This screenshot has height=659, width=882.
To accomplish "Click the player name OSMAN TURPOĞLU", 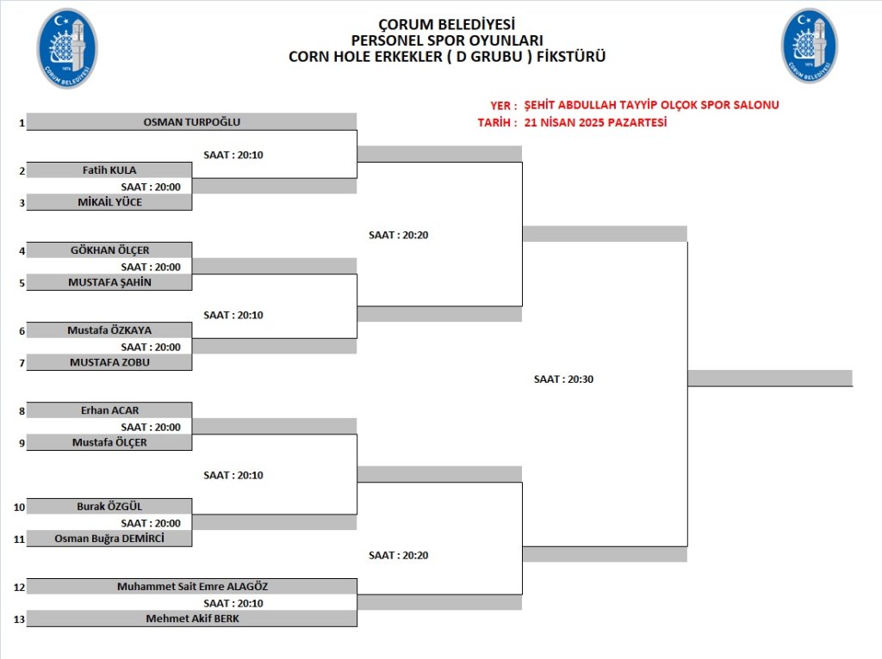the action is click(x=192, y=122).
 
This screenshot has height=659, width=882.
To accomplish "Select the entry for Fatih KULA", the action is click(x=109, y=170).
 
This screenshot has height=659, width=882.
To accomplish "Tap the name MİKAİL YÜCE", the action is click(x=109, y=202).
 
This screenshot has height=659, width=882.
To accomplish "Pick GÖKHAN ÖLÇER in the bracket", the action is click(x=109, y=250).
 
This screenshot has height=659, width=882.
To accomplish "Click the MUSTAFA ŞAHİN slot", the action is click(x=109, y=282).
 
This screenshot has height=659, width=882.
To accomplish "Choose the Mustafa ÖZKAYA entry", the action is click(x=109, y=330).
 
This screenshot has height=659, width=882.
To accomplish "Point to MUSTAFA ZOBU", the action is click(x=109, y=362).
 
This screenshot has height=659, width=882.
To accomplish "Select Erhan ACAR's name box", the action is click(x=109, y=410).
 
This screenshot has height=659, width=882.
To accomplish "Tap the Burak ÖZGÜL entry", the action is click(x=109, y=506).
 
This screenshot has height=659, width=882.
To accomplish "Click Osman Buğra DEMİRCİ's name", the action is click(x=109, y=539).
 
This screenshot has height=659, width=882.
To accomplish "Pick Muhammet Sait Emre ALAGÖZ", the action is click(x=192, y=587).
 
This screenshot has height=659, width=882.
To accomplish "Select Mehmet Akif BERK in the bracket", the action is click(x=192, y=619).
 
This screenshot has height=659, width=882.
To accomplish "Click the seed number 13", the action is click(x=19, y=619).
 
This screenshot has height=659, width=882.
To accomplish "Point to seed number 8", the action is click(x=22, y=411).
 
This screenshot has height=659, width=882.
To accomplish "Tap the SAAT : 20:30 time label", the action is click(x=563, y=379).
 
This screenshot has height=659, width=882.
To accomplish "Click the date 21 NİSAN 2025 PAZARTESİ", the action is click(x=595, y=122).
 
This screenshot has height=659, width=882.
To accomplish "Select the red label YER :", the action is click(x=503, y=106).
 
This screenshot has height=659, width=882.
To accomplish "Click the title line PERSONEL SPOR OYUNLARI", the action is click(x=447, y=40).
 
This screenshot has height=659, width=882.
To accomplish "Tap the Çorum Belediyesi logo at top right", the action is click(x=810, y=46).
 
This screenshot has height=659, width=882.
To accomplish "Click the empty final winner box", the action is click(x=770, y=378).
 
